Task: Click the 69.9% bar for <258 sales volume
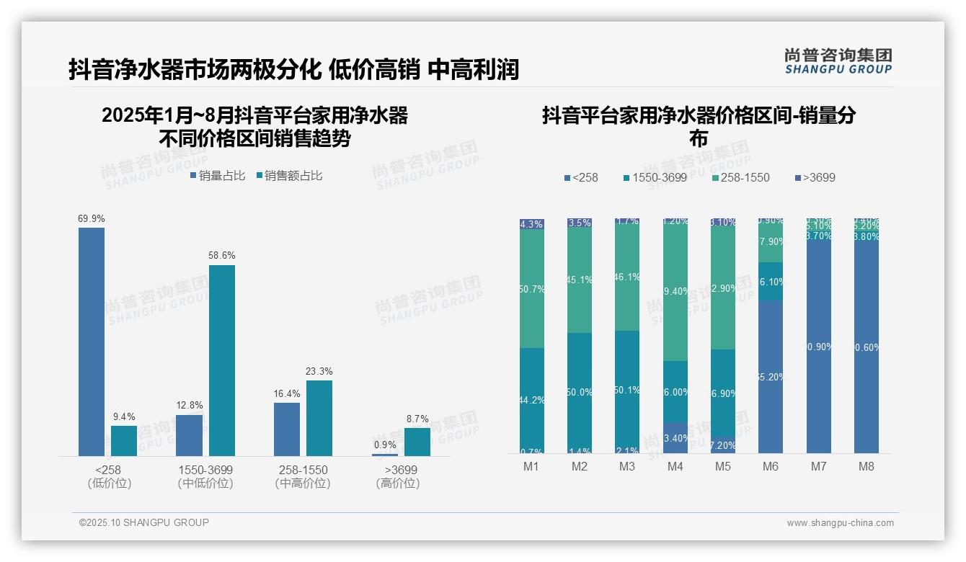[x=92, y=342]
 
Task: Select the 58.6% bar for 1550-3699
[x=222, y=360]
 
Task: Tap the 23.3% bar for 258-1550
[x=319, y=418]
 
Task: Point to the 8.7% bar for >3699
[x=417, y=442]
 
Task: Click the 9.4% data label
[x=124, y=416]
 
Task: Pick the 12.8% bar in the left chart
[x=189, y=435]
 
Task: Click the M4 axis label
[x=675, y=466]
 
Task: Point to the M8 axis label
[x=866, y=466]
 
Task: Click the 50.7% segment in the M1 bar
[x=532, y=289]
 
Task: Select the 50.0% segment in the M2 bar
[x=580, y=393]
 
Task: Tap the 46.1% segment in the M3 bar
[x=627, y=276]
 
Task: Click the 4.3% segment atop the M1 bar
[x=532, y=224]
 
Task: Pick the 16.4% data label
[x=287, y=393]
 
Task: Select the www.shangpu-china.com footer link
[x=840, y=523]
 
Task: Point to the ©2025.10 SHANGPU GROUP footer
[x=144, y=522]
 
